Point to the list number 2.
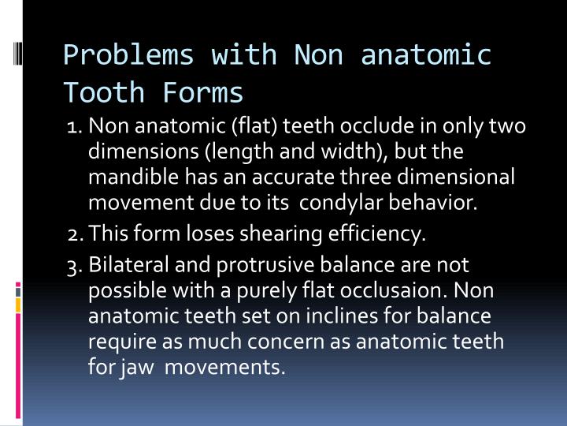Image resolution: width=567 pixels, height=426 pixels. (x=75, y=234)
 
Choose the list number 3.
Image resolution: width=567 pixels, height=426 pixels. (x=75, y=264)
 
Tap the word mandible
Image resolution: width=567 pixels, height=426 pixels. (x=128, y=177)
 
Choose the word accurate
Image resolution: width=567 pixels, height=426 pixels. (x=288, y=177)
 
